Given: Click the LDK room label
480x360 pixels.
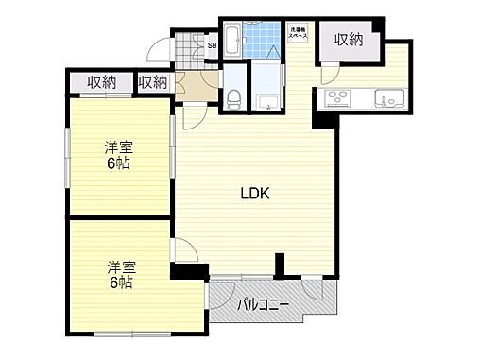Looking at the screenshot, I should coord(254,196).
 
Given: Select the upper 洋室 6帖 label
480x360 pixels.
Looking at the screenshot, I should coord(117,155).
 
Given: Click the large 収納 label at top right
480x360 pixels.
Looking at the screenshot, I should coord(348,40).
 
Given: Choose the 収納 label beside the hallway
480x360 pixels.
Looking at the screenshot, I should coord(152,83).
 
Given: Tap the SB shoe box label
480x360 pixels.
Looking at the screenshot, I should coord(212,44).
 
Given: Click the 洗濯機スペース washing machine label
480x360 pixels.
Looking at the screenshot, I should coord(298,31).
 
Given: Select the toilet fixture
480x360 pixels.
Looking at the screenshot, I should coord(232,94).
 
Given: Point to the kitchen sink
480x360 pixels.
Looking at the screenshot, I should coord(386,96).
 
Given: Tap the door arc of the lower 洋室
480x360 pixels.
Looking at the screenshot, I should coord(185,250).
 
